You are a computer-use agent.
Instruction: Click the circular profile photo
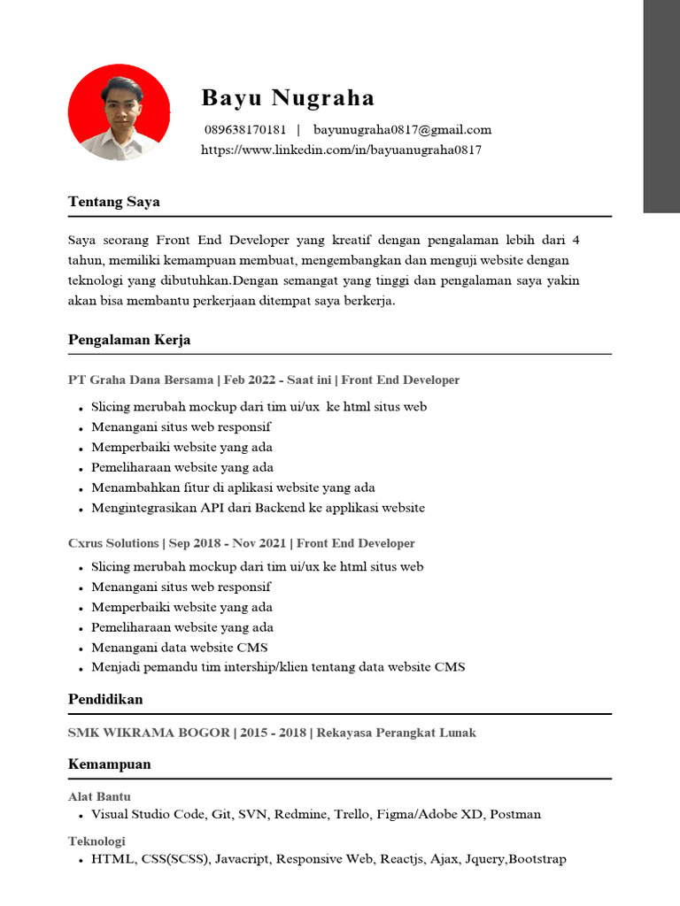tap(119, 112)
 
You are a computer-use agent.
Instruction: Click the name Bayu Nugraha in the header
tap(288, 97)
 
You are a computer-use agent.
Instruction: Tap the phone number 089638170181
tap(245, 130)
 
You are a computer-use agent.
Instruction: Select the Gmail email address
tap(402, 130)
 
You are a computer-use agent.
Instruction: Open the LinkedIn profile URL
tap(341, 150)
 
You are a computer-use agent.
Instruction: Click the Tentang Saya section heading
tap(113, 202)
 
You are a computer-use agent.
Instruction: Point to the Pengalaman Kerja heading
tap(129, 340)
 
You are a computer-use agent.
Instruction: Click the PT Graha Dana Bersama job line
tap(264, 380)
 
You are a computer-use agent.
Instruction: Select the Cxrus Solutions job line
tap(241, 543)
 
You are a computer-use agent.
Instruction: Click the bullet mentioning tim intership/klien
tap(278, 667)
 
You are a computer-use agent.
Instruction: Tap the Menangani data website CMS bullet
tap(179, 647)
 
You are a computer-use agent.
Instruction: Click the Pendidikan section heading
tap(105, 699)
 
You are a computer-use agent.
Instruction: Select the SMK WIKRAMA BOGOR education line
tap(272, 732)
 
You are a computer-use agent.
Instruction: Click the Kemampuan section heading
tap(109, 764)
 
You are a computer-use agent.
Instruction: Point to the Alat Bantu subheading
tap(99, 796)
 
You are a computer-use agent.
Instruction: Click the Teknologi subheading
tap(97, 841)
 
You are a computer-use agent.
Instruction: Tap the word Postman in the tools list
tap(515, 814)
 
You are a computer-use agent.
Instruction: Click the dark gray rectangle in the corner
tap(661, 106)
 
